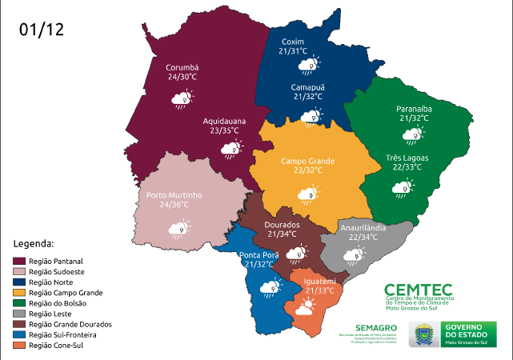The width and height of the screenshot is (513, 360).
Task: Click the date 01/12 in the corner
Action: tap(42, 30)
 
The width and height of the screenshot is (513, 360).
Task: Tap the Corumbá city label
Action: tap(182, 67)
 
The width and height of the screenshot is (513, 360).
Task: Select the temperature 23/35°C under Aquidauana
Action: tap(223, 130)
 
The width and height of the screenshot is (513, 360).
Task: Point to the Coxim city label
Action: tap(293, 42)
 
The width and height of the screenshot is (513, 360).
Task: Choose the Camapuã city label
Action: tap(307, 86)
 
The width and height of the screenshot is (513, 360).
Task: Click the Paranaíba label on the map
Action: tap(414, 108)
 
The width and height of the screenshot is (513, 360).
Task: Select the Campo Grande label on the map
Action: tap(307, 161)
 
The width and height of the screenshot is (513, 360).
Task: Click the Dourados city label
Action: tap(282, 225)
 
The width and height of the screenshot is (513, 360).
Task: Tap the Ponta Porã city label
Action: tap(259, 255)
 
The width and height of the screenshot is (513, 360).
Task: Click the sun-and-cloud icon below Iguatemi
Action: tap(308, 306)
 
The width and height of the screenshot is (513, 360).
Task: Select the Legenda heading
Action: tap(34, 242)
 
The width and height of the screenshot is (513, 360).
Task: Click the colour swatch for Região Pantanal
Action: tap(19, 261)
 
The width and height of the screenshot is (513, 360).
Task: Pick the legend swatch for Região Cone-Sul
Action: tap(19, 346)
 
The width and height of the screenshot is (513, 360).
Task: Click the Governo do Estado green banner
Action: tap(469, 333)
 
